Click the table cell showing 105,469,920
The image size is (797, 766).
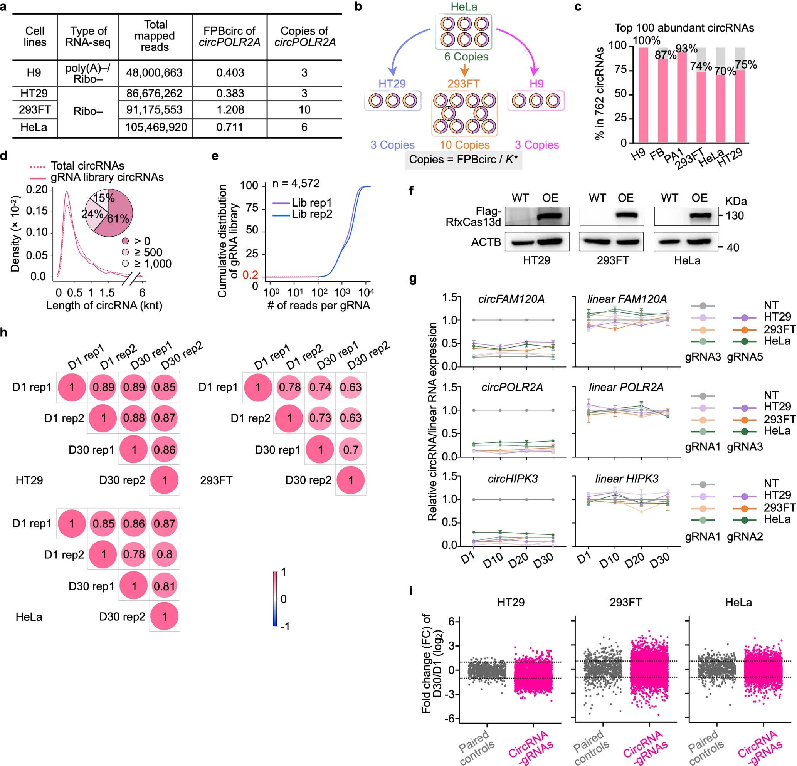(156, 127)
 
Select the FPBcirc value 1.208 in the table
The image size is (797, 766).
(230, 110)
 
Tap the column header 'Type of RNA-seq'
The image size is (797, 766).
(88, 37)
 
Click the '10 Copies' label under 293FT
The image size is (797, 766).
(464, 145)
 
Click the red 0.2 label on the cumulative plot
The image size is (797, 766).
(250, 275)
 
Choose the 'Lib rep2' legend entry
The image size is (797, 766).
(311, 214)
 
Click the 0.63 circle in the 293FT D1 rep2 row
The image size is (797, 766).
(350, 418)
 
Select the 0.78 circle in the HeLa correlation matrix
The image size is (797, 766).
(134, 554)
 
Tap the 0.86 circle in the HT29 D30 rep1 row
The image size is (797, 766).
(164, 450)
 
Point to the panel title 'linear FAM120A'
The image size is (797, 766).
(627, 299)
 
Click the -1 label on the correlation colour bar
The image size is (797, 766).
(285, 627)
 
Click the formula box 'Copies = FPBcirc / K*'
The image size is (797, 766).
(463, 159)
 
